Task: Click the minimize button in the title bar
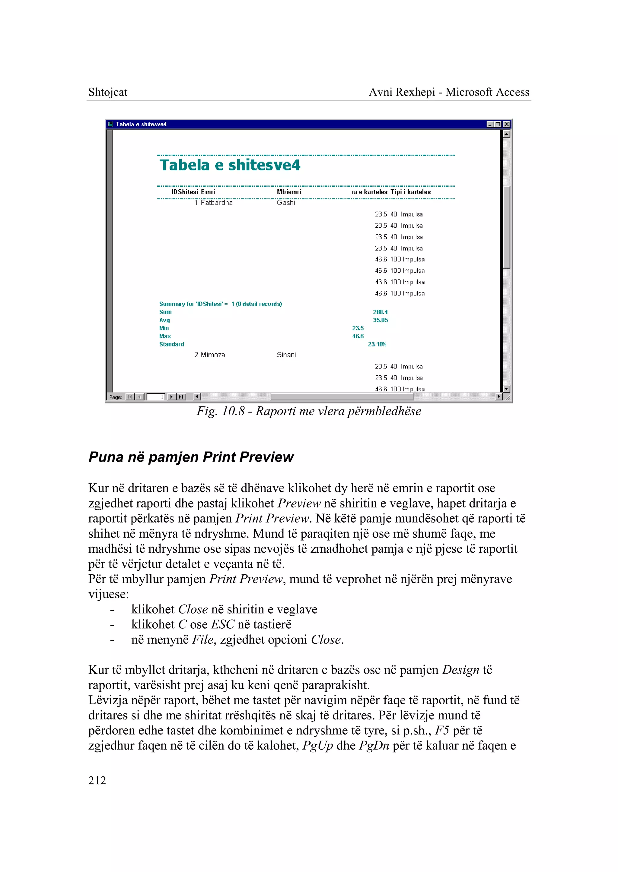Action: pyautogui.click(x=490, y=124)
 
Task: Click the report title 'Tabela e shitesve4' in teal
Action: pyautogui.click(x=230, y=166)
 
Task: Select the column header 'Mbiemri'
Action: pyautogui.click(x=289, y=192)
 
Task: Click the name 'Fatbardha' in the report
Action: pyautogui.click(x=217, y=203)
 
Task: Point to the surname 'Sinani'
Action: pyautogui.click(x=286, y=355)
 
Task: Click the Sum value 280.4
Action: pyautogui.click(x=380, y=312)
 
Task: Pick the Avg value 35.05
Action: pyautogui.click(x=380, y=320)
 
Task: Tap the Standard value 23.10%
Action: pyautogui.click(x=377, y=344)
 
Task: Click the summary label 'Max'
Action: pyautogui.click(x=165, y=336)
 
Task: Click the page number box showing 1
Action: pyautogui.click(x=156, y=397)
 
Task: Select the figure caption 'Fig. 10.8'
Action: pyautogui.click(x=221, y=411)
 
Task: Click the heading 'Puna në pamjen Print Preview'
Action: pyautogui.click(x=191, y=457)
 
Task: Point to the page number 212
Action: pyautogui.click(x=97, y=780)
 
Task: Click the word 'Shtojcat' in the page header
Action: pyautogui.click(x=108, y=92)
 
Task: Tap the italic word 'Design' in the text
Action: pyautogui.click(x=460, y=670)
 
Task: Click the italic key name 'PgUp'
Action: pyautogui.click(x=317, y=745)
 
